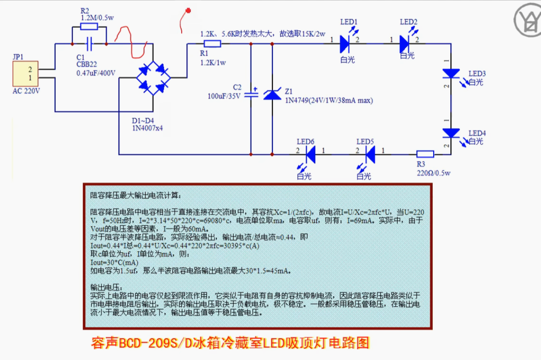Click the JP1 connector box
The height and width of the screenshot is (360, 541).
[24, 74]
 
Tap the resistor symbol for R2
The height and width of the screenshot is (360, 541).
[89, 27]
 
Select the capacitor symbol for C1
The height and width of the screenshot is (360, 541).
[89, 44]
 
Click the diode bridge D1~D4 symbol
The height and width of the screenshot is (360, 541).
[153, 78]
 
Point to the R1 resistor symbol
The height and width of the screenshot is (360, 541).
[212, 43]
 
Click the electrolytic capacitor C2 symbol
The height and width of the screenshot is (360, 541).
[251, 95]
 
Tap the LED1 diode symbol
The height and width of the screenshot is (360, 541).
[345, 43]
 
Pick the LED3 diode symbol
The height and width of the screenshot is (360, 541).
[451, 73]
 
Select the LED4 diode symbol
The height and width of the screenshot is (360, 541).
[451, 133]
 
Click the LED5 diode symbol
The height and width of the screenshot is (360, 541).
[370, 154]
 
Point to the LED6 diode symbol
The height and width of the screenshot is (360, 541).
[310, 154]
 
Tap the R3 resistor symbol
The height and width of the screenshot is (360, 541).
[425, 154]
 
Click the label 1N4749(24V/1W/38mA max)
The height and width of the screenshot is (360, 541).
[329, 101]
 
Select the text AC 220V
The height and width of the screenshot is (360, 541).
[26, 91]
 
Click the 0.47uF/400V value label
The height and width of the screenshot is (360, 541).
[96, 73]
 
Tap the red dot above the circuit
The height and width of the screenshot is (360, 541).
[188, 10]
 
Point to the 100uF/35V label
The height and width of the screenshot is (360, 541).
[225, 96]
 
